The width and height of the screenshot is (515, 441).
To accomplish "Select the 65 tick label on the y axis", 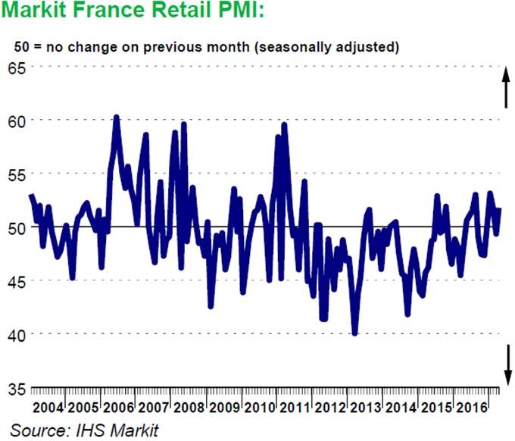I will click(x=16, y=67).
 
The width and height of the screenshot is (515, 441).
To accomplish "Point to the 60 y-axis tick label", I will click(x=16, y=120).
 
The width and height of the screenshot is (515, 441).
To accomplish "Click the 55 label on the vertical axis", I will click(x=16, y=174).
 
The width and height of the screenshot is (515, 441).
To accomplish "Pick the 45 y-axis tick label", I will click(x=16, y=281).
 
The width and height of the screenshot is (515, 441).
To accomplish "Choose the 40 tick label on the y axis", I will click(x=16, y=334).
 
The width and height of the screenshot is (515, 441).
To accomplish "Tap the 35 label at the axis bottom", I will click(x=16, y=388).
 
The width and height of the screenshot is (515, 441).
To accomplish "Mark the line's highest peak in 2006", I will click(x=116, y=117).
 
